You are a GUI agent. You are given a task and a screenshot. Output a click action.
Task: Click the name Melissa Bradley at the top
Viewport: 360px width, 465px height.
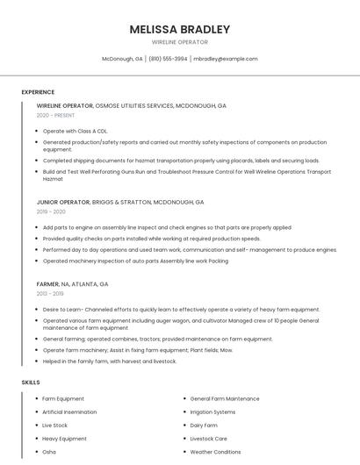179,29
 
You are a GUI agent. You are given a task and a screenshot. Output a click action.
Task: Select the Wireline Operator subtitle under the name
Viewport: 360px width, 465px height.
179,42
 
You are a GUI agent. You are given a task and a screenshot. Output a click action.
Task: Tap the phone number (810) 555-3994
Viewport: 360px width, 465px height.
168,59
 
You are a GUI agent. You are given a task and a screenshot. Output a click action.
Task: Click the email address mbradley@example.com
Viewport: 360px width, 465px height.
225,59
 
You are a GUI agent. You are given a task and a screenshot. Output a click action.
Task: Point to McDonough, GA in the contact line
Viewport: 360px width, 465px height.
122,59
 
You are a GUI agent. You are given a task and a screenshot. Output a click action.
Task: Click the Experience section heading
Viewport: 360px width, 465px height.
38,92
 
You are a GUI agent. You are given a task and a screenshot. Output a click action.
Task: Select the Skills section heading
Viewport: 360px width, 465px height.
31,383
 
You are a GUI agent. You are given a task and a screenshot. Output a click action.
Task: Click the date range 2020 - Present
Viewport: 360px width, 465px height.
55,115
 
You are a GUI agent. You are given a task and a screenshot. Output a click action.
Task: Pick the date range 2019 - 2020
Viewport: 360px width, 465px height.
51,211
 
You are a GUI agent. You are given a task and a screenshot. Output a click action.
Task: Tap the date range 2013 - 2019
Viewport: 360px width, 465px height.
50,294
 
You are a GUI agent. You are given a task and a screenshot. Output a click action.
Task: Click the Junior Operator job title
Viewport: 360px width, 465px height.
63,202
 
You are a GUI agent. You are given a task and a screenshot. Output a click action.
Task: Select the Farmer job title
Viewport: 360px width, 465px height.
47,284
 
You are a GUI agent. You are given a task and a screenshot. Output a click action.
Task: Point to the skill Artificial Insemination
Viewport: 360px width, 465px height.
69,411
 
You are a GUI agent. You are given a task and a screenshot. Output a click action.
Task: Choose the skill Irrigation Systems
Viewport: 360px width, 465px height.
212,411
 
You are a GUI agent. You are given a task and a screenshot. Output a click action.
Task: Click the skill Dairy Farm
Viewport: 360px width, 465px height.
204,425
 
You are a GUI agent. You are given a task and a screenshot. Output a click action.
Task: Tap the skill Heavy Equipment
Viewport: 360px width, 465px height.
64,439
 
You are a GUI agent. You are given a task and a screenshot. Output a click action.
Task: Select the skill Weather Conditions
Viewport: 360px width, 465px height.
215,452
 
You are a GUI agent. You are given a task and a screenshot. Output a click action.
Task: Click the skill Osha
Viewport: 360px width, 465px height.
49,452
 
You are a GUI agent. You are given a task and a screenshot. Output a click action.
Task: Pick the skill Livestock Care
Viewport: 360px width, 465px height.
209,439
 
